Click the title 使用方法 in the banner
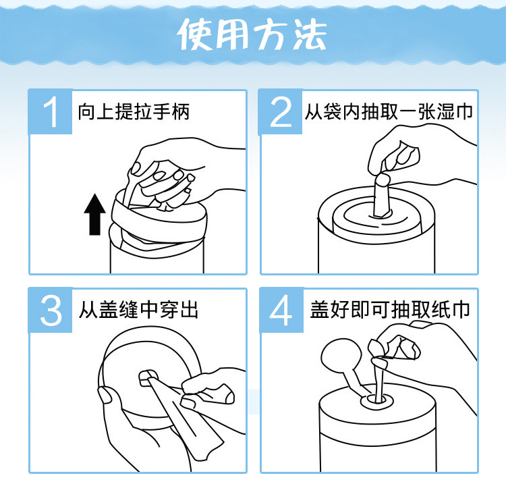252,34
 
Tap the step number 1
51,112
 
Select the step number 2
281,112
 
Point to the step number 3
51,311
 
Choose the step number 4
281,311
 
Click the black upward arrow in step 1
94,215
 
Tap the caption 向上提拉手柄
134,111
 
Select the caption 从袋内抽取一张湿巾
389,111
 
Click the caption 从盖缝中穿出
138,310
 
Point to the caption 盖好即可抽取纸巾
390,310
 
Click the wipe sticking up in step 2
382,196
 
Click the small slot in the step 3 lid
148,378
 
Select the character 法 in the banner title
310,34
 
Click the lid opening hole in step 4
376,401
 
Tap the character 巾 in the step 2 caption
464,111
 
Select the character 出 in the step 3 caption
189,310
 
